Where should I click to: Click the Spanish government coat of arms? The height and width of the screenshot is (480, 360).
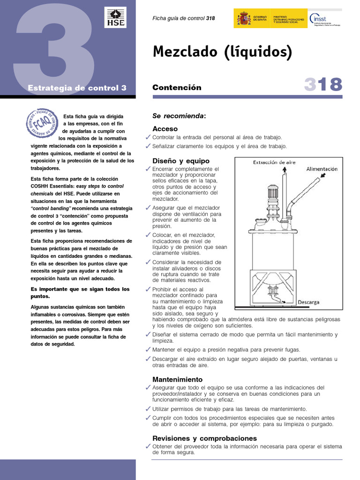pyautogui.click(x=244, y=19)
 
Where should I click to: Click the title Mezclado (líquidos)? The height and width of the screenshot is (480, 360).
pyautogui.click(x=222, y=52)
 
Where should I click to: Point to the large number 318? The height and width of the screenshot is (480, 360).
pyautogui.click(x=323, y=85)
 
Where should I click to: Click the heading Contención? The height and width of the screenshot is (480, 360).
pyautogui.click(x=177, y=88)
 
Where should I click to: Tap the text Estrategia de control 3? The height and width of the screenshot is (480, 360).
pyautogui.click(x=77, y=88)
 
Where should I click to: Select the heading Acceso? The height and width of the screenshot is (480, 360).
pyautogui.click(x=165, y=128)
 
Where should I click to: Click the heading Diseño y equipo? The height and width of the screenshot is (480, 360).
pyautogui.click(x=181, y=161)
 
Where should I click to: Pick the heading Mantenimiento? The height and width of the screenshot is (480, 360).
pyautogui.click(x=177, y=379)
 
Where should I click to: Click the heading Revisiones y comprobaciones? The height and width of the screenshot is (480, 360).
pyautogui.click(x=204, y=438)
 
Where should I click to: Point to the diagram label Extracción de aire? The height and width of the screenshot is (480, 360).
pyautogui.click(x=274, y=163)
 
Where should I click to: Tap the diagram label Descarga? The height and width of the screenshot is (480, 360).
pyautogui.click(x=308, y=302)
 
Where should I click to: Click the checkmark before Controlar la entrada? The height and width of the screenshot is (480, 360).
pyautogui.click(x=148, y=137)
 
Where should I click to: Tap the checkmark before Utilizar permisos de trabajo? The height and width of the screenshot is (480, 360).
pyautogui.click(x=148, y=409)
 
